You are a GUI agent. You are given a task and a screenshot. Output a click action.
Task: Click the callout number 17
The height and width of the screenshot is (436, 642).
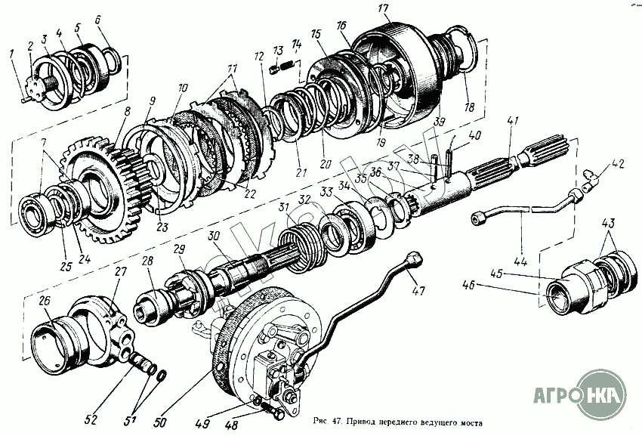tap(383, 9)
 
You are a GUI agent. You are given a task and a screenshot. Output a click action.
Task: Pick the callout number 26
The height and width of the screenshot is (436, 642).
tap(45, 301)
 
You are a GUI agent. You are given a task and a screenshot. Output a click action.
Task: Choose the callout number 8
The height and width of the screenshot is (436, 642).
tap(118, 110)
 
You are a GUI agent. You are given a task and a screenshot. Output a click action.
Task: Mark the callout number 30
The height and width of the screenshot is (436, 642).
tap(215, 235)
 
